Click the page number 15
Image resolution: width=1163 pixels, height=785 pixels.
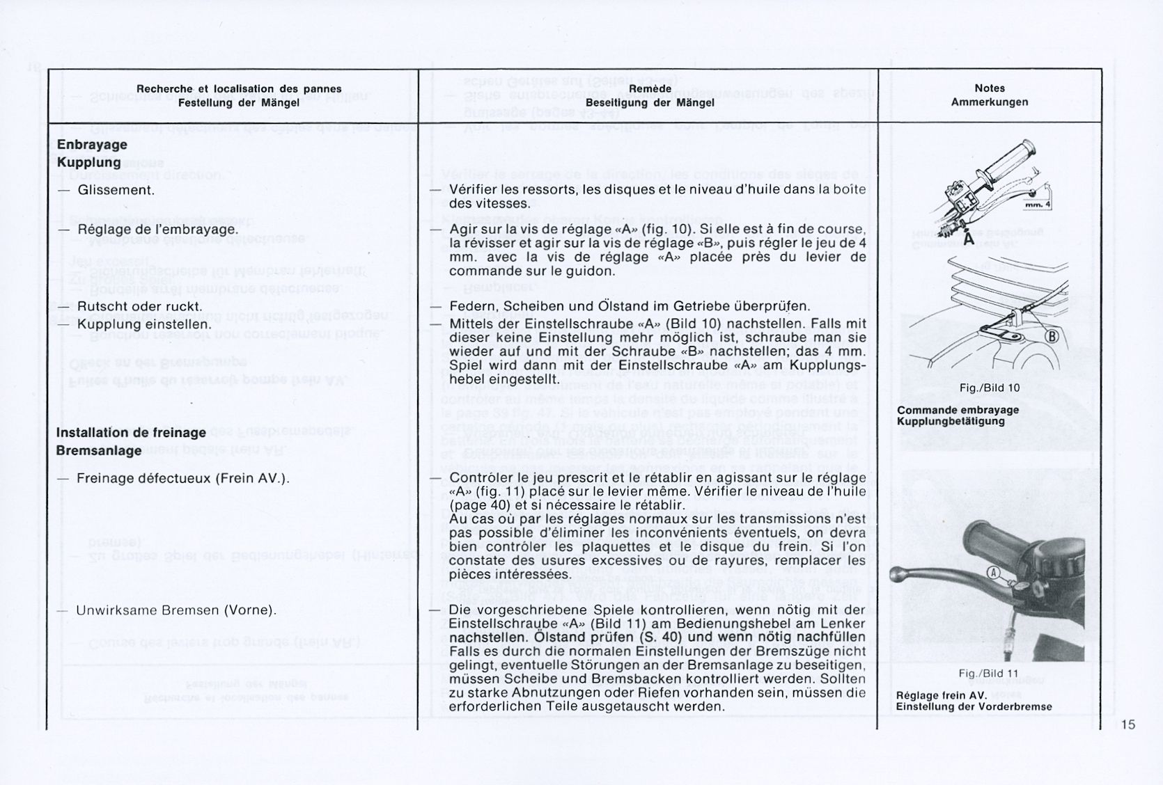click(1128, 724)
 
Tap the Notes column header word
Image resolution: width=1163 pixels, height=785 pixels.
click(990, 88)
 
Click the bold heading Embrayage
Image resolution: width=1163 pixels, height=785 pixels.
click(92, 145)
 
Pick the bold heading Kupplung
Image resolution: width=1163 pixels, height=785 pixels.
click(89, 162)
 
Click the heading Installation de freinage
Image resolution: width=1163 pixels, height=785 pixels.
click(131, 432)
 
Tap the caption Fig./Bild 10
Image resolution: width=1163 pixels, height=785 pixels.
click(988, 388)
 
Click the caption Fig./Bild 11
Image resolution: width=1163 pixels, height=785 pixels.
click(988, 674)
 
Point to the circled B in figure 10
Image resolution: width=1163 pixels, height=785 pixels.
click(1052, 338)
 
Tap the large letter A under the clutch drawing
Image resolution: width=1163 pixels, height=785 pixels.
click(967, 238)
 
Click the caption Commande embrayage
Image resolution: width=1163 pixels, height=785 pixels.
click(958, 410)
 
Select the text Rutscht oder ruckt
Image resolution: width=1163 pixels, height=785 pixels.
click(140, 306)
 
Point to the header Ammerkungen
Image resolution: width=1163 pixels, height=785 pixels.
click(990, 102)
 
